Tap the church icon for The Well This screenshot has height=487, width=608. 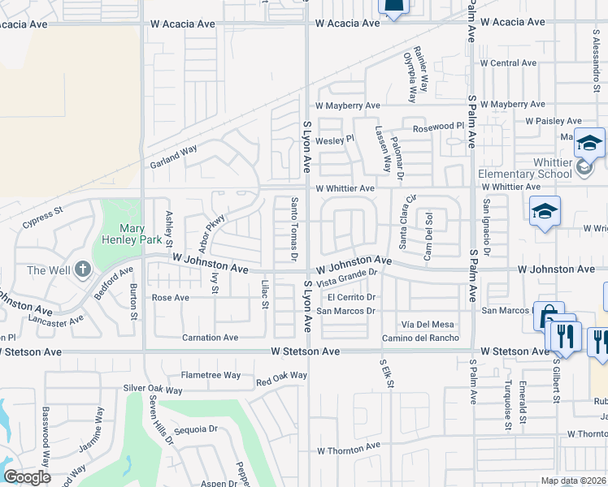click(x=82, y=270)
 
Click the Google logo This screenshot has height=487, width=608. click(x=27, y=476)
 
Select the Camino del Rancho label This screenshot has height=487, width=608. click(x=420, y=338)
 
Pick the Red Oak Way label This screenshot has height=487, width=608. click(x=281, y=377)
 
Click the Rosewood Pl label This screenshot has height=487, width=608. click(x=437, y=127)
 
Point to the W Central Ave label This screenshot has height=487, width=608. click(x=508, y=62)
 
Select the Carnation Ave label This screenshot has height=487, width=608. click(x=210, y=338)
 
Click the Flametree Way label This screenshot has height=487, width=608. click(x=211, y=375)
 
